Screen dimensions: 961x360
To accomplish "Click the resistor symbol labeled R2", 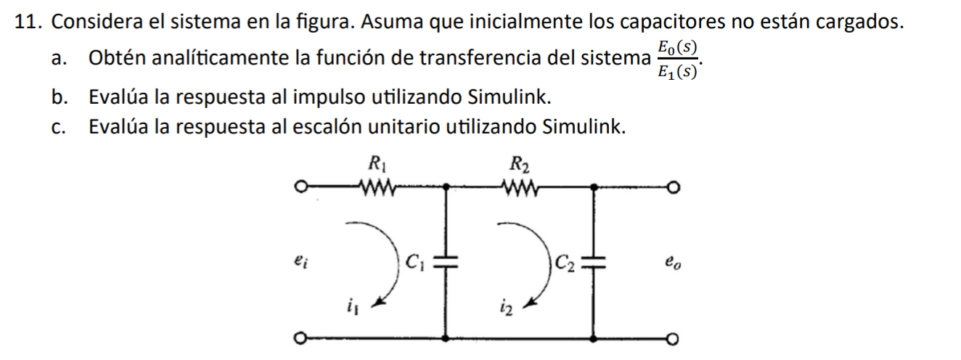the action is tap(520, 189).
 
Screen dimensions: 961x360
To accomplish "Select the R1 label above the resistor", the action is tap(376, 164).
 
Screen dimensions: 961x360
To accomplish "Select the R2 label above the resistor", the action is tap(519, 164).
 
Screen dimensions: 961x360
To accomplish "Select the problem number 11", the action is tap(27, 22).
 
